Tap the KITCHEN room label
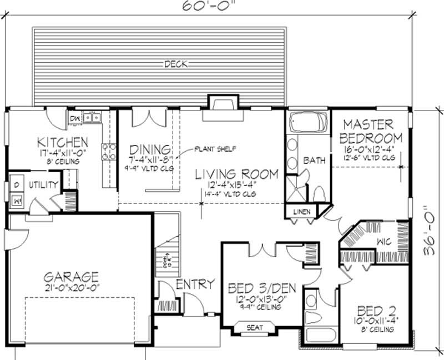pyautogui.click(x=62, y=142)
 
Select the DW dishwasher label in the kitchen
pyautogui.click(x=74, y=118)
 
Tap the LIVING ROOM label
pyautogui.click(x=236, y=174)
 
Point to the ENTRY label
pyautogui.click(x=195, y=284)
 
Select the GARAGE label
pyautogui.click(x=73, y=276)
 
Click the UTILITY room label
pyautogui.click(x=41, y=182)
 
